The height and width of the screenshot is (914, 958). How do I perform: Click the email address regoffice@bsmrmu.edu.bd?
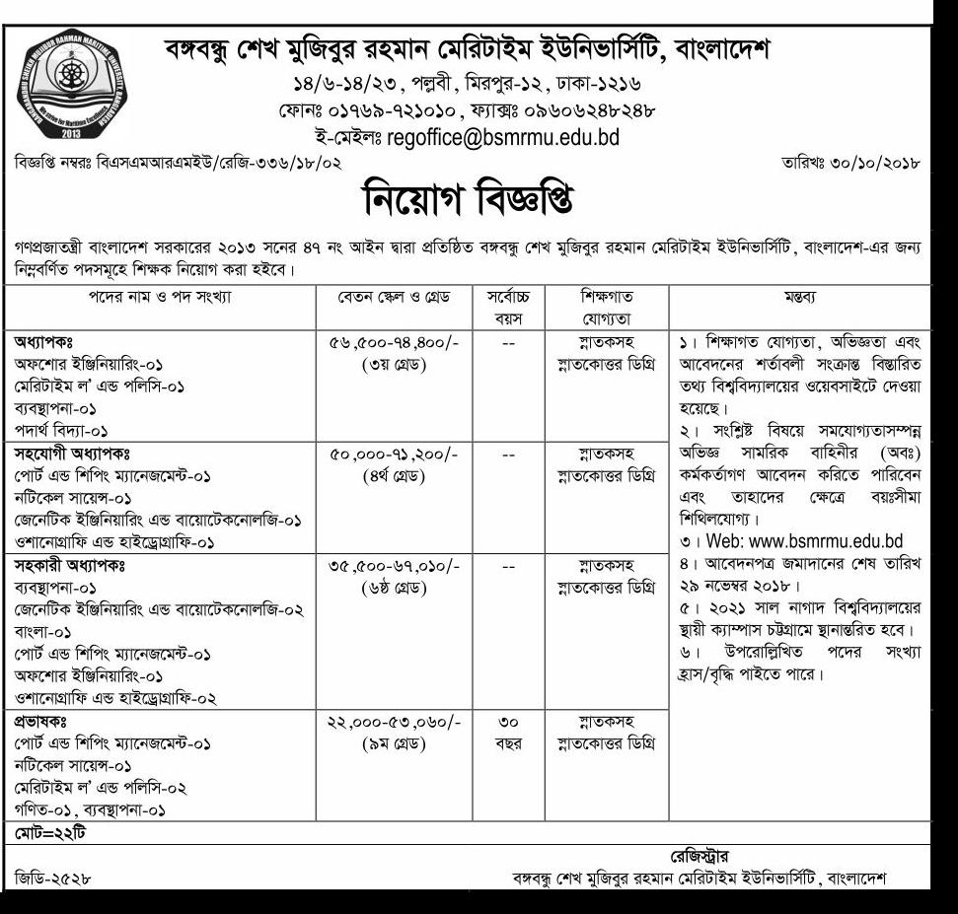pos(503,137)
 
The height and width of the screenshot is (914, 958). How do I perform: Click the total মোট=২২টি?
pos(50,834)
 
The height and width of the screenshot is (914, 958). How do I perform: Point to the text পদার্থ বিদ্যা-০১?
pos(61,431)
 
